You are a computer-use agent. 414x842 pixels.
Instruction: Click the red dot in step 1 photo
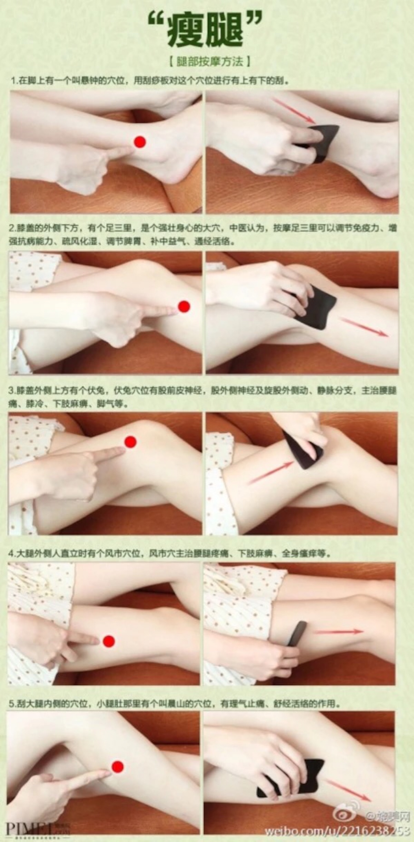140,142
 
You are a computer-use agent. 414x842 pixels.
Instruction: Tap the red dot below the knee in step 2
184,306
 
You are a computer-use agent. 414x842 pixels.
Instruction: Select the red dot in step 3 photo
130,442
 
